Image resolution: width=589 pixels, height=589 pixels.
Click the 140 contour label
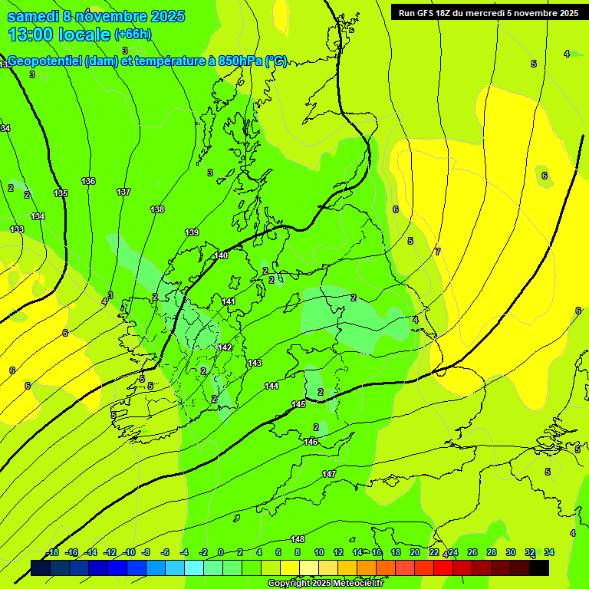coord(221,255)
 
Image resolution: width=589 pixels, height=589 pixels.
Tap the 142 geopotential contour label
coord(225,347)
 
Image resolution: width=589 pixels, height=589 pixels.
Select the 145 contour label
coord(298,404)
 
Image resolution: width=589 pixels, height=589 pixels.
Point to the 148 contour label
coord(298,539)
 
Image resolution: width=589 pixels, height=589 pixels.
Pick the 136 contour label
coord(88,181)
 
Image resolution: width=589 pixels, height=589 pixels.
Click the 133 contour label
coord(17,229)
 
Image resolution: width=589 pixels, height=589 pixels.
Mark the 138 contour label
coord(157,209)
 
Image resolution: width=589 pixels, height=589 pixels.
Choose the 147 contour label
coord(329,474)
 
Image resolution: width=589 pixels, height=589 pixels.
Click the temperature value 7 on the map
coord(438,252)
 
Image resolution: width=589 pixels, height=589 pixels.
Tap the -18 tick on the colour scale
coord(52,552)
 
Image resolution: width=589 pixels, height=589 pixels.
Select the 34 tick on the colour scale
coord(549,552)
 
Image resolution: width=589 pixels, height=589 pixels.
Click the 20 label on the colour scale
coord(415,552)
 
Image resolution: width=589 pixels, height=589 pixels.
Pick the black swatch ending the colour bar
coord(539,568)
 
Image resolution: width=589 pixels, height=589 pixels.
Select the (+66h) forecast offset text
coord(133,35)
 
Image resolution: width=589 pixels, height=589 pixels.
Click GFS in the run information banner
coord(428,12)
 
